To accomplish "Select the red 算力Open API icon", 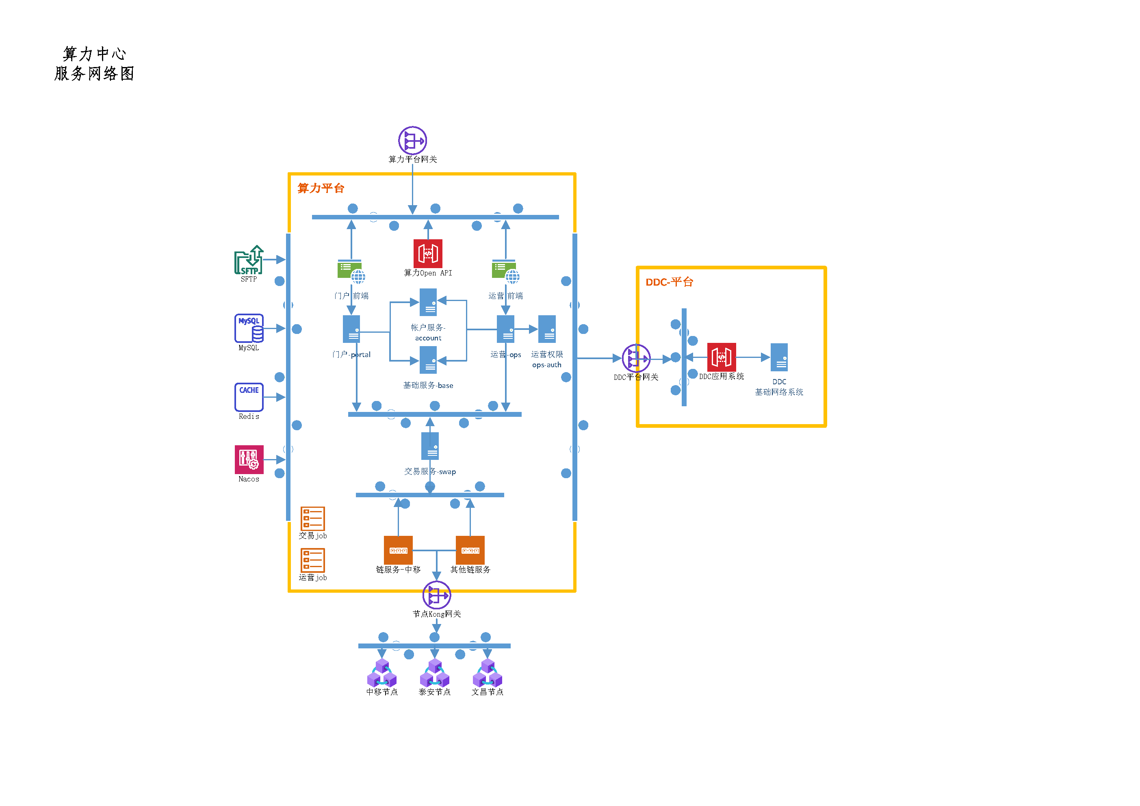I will [x=427, y=253].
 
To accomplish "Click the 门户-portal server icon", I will [x=351, y=329].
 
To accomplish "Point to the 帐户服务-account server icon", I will [x=428, y=302].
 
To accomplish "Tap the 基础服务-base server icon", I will [x=428, y=360].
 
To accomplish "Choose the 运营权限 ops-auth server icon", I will [x=547, y=329].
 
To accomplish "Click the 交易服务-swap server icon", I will [x=430, y=446].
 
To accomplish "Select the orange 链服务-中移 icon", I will [x=398, y=550].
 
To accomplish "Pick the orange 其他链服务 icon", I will [x=470, y=550].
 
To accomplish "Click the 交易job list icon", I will [x=312, y=518].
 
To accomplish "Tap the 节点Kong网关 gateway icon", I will [x=436, y=594].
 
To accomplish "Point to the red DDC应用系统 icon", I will [x=722, y=357].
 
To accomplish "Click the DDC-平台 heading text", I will [x=669, y=282].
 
